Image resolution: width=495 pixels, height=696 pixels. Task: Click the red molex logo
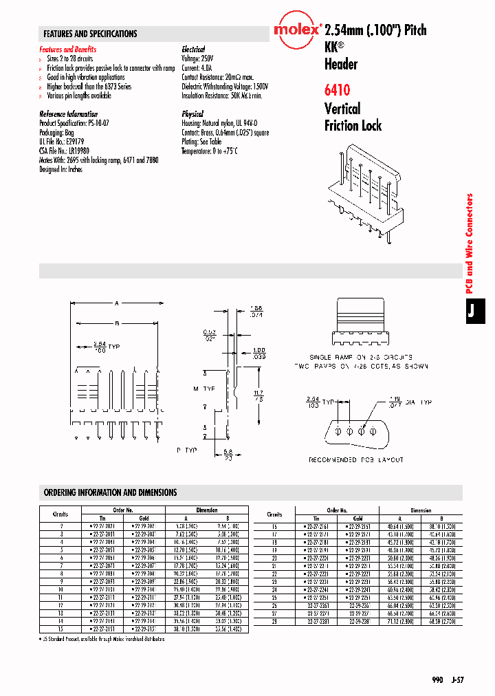click(x=297, y=30)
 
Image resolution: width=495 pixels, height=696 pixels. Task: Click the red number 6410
click(x=338, y=89)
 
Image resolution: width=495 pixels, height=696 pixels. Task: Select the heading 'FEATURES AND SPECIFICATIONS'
click(x=90, y=34)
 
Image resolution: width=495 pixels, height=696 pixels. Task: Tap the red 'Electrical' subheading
click(x=193, y=50)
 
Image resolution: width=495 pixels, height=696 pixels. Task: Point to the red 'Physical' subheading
click(x=192, y=114)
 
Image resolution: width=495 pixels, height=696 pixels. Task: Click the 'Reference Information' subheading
click(x=69, y=114)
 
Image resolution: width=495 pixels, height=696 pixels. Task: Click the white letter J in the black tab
click(x=472, y=311)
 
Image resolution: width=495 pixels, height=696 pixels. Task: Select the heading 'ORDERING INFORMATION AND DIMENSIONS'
click(x=111, y=492)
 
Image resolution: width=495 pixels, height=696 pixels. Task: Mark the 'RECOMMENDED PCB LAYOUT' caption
click(x=356, y=459)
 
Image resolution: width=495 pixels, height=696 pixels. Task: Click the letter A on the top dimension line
click(x=117, y=303)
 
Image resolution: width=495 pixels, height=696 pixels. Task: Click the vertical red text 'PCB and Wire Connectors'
click(x=471, y=243)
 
